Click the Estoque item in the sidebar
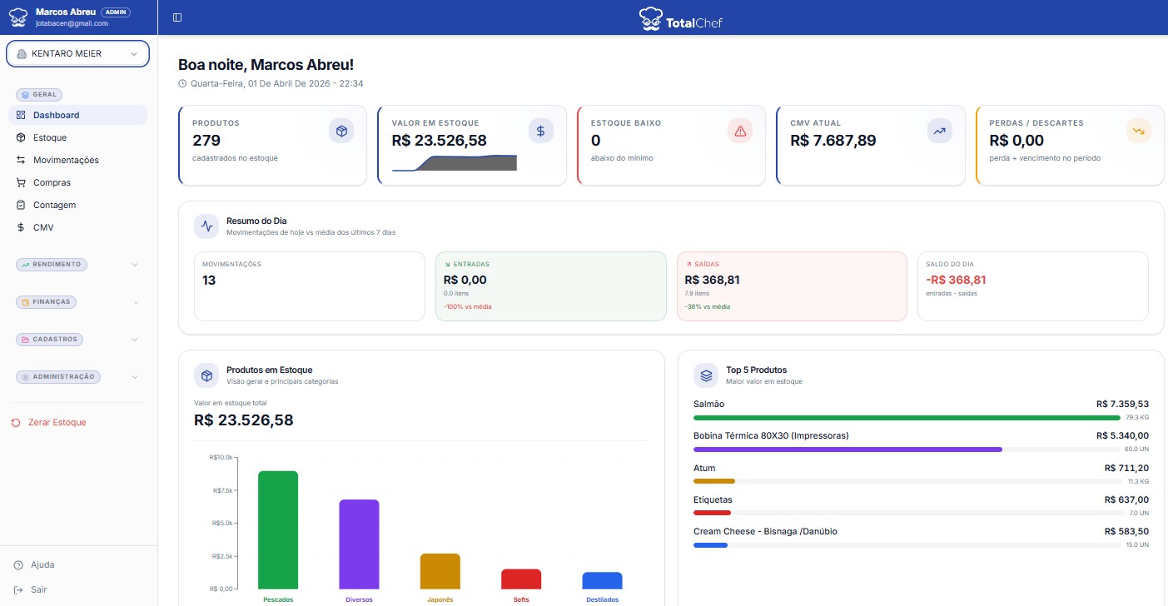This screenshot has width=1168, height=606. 49,137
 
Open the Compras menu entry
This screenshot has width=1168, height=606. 52,182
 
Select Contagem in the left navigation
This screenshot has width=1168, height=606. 54,205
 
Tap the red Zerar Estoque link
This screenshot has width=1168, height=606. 57,422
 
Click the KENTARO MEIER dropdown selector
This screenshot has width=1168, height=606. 77,53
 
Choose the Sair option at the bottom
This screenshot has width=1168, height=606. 38,589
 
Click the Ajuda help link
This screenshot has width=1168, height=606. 42,564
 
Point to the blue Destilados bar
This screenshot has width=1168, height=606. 602,580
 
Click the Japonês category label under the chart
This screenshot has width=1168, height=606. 440,599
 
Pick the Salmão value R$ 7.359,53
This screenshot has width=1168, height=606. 1122,404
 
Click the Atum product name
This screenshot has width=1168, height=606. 704,468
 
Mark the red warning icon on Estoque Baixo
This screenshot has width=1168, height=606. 739,131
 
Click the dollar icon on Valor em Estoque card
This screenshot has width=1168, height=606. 540,131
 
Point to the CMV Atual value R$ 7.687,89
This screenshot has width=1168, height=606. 833,141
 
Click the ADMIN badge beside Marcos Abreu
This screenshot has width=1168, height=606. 116,12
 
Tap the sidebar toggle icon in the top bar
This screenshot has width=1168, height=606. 177,17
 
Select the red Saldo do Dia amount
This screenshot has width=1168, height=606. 956,280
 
